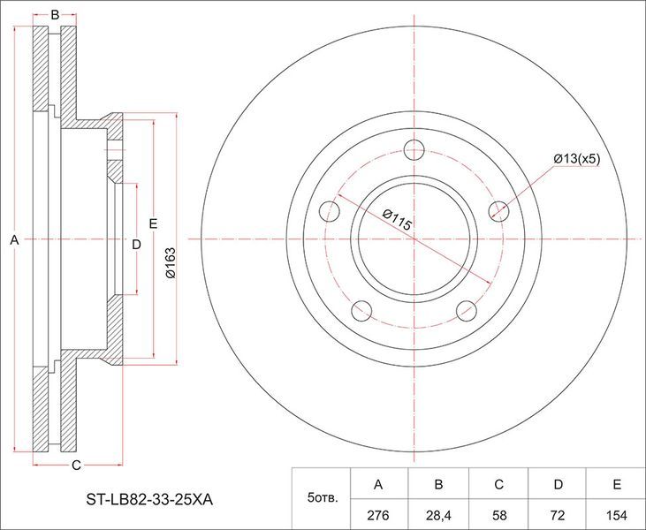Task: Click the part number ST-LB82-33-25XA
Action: [x=149, y=500]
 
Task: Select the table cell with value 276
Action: [x=378, y=515]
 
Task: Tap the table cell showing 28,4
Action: [x=438, y=515]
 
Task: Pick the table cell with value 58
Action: [x=498, y=515]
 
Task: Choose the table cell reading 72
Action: [x=558, y=515]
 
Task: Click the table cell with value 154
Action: [x=616, y=515]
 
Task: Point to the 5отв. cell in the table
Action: [x=322, y=499]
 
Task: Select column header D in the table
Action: [x=558, y=484]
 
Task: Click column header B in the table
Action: [x=438, y=484]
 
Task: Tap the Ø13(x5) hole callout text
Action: [x=577, y=159]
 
